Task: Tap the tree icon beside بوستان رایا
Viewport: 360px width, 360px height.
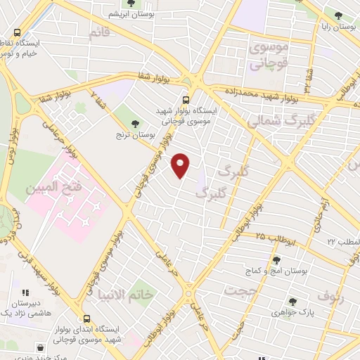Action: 338,15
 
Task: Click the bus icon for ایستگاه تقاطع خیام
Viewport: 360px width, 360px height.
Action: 17,32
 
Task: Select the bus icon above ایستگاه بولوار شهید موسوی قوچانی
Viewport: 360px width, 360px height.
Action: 186,100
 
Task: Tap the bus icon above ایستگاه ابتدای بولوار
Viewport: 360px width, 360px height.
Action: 87,318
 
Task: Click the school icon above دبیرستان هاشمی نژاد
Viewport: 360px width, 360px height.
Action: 25,292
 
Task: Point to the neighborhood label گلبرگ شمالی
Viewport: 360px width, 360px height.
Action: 276,120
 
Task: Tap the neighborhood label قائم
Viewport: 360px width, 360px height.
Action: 99,33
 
